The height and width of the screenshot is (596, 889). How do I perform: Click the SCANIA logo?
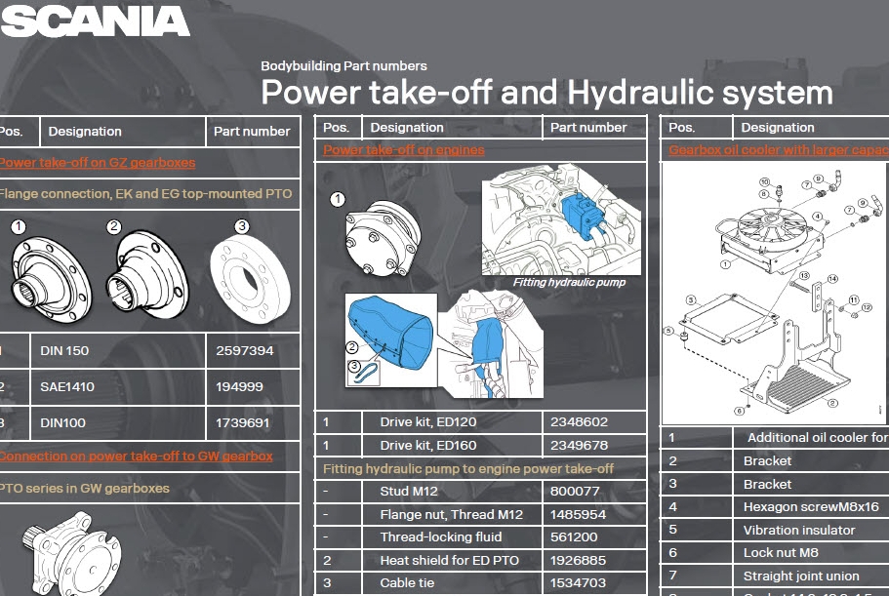tap(95, 20)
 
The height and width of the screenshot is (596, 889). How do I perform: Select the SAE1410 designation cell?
tap(68, 387)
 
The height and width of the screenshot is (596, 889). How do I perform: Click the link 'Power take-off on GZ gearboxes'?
tap(98, 163)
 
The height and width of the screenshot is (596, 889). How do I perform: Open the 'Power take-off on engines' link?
tap(404, 150)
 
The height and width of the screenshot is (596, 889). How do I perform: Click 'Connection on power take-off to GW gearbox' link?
tap(136, 456)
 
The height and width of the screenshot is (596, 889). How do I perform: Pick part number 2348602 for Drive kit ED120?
tap(580, 422)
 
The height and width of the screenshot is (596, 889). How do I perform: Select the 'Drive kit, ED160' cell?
tap(427, 446)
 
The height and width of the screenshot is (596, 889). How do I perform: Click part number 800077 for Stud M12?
tap(574, 492)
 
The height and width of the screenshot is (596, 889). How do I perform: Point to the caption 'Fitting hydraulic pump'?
tap(569, 283)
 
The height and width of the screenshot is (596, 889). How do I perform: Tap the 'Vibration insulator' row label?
tap(798, 530)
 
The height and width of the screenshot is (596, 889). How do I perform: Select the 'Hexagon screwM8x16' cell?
tap(810, 507)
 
